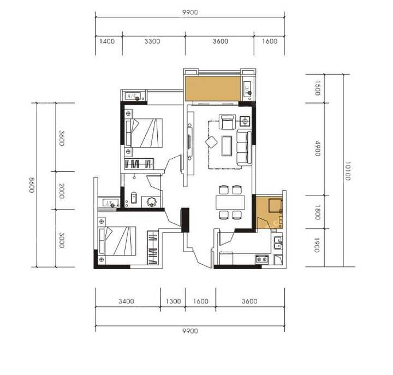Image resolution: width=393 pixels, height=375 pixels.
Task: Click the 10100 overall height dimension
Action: (347, 171)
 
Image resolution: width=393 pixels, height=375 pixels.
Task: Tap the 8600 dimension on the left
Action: (32, 185)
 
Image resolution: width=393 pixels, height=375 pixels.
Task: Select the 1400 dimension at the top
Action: (107, 41)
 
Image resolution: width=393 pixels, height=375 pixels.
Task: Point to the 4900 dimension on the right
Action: (318, 148)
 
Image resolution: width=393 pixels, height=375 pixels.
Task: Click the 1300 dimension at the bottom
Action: (173, 301)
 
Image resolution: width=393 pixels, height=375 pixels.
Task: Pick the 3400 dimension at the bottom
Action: (126, 301)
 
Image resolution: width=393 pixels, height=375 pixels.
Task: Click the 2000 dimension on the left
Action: (62, 191)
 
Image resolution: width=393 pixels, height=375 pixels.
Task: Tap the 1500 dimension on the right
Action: (318, 88)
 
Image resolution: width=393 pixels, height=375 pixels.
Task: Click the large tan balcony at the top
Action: (213, 88)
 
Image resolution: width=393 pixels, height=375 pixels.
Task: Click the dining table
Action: (230, 203)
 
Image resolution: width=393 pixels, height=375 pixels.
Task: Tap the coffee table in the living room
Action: (227, 146)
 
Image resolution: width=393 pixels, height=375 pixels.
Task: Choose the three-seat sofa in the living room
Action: (244, 147)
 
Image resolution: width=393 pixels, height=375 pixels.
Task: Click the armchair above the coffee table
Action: (227, 122)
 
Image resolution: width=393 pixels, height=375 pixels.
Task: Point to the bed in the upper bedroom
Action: (144, 133)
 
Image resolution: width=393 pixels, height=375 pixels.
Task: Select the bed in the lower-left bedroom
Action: (117, 241)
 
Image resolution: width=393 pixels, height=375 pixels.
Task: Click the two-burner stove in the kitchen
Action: (262, 259)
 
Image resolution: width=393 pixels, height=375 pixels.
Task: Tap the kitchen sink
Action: (278, 243)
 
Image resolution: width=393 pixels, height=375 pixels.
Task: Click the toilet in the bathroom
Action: (134, 197)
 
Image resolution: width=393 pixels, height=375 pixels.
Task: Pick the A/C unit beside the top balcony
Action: (247, 88)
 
